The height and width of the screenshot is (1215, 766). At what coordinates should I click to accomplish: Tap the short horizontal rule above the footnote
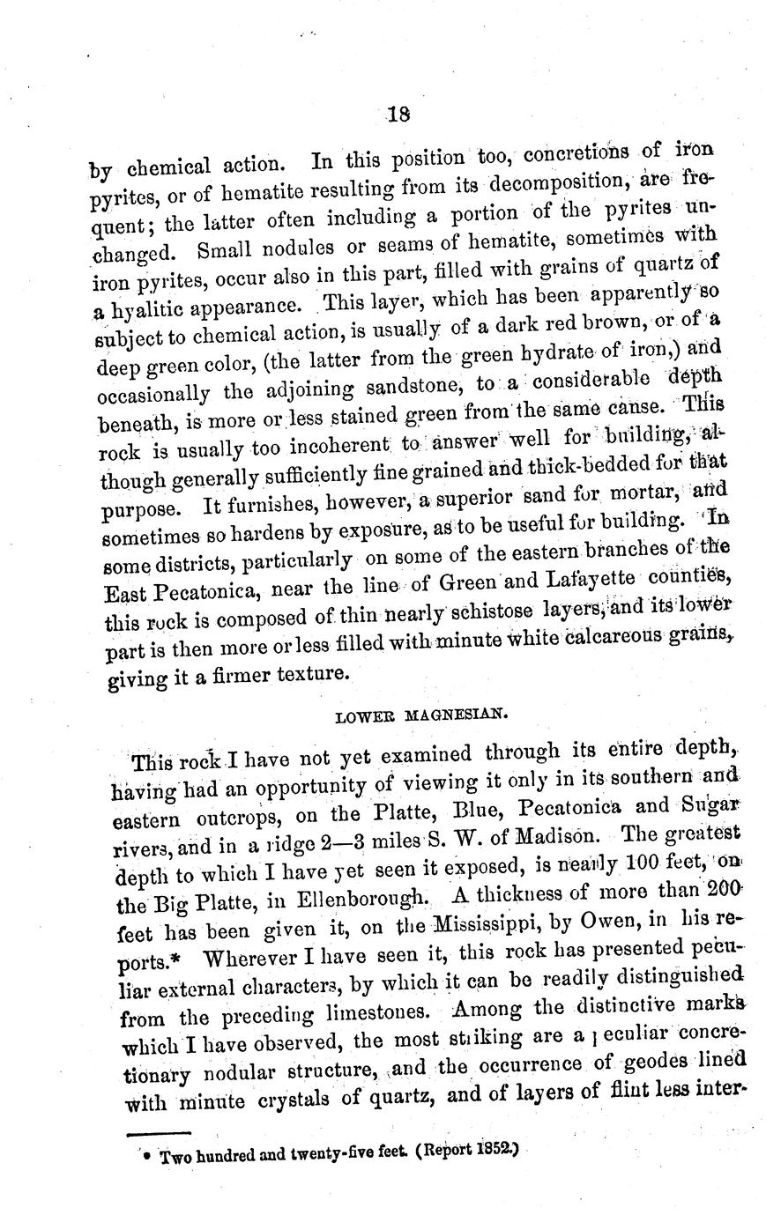click(x=159, y=1134)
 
